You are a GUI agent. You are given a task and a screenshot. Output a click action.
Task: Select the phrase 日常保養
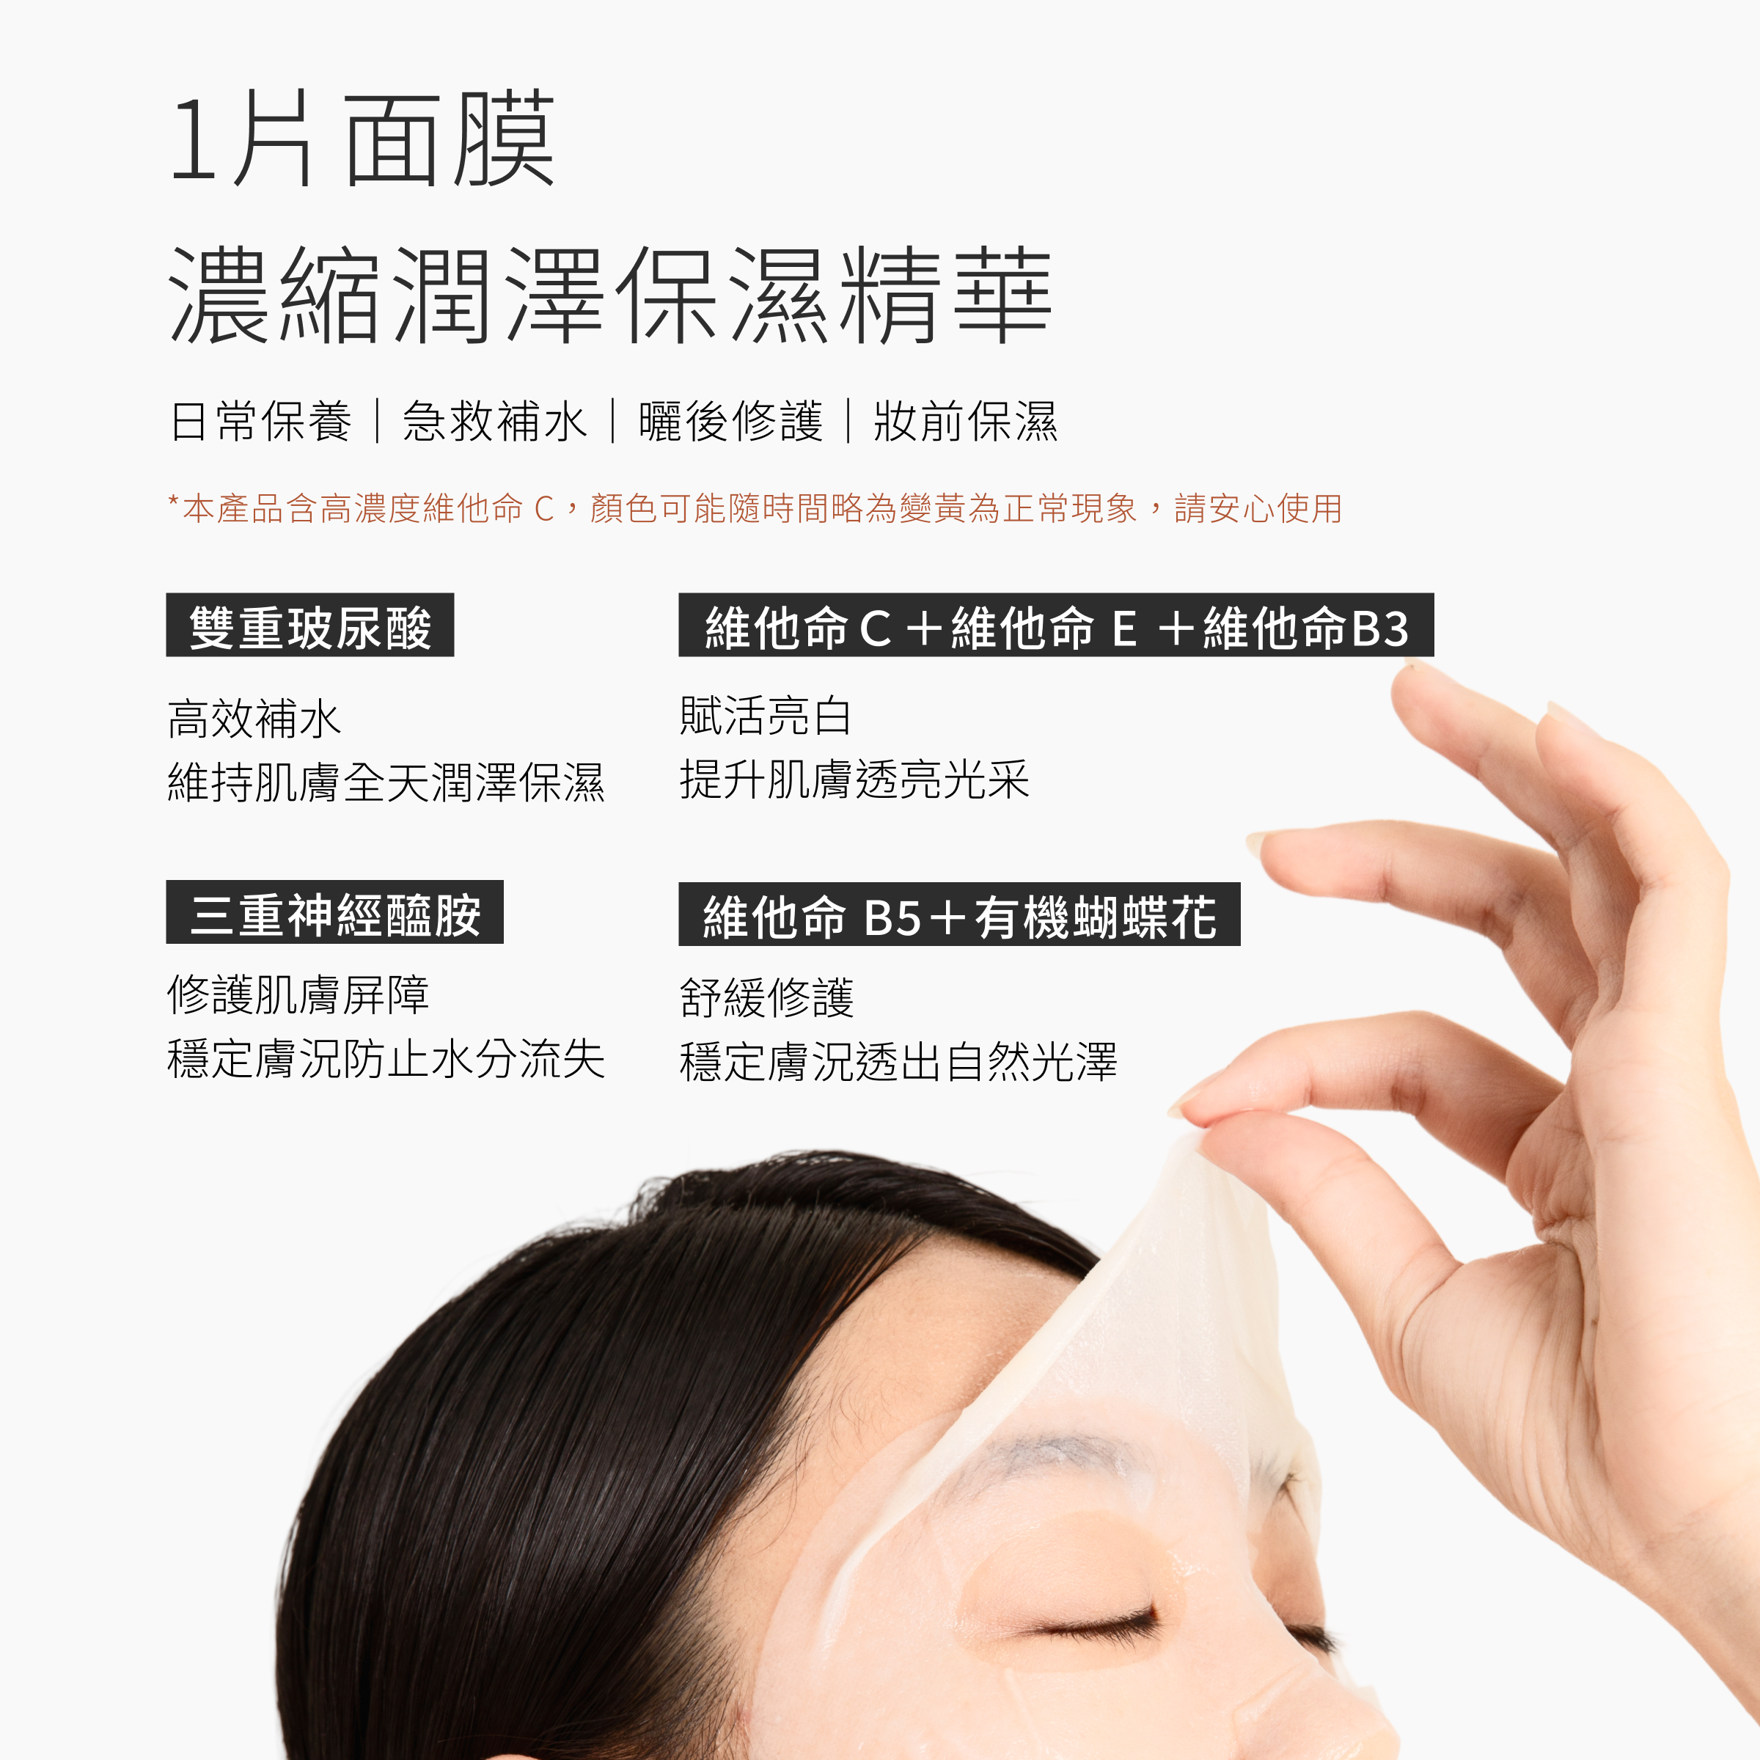[x=262, y=422]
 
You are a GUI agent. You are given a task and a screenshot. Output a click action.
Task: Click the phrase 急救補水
[x=495, y=422]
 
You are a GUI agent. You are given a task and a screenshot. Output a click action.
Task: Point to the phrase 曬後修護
[x=730, y=422]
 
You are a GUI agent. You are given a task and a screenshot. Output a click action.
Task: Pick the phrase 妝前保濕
[x=966, y=422]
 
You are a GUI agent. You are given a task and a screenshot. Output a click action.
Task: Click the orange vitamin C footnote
[x=755, y=508]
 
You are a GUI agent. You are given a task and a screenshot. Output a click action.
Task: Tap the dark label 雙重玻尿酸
[x=309, y=627]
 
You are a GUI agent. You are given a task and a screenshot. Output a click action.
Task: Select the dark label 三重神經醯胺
[x=334, y=914]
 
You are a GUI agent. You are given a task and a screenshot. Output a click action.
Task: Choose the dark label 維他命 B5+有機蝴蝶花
[x=958, y=915]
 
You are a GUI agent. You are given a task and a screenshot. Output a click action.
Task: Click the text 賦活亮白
[x=765, y=716]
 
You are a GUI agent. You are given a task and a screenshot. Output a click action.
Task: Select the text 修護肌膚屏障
[x=298, y=995]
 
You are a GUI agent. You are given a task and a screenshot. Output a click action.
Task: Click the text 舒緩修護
[x=766, y=997]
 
